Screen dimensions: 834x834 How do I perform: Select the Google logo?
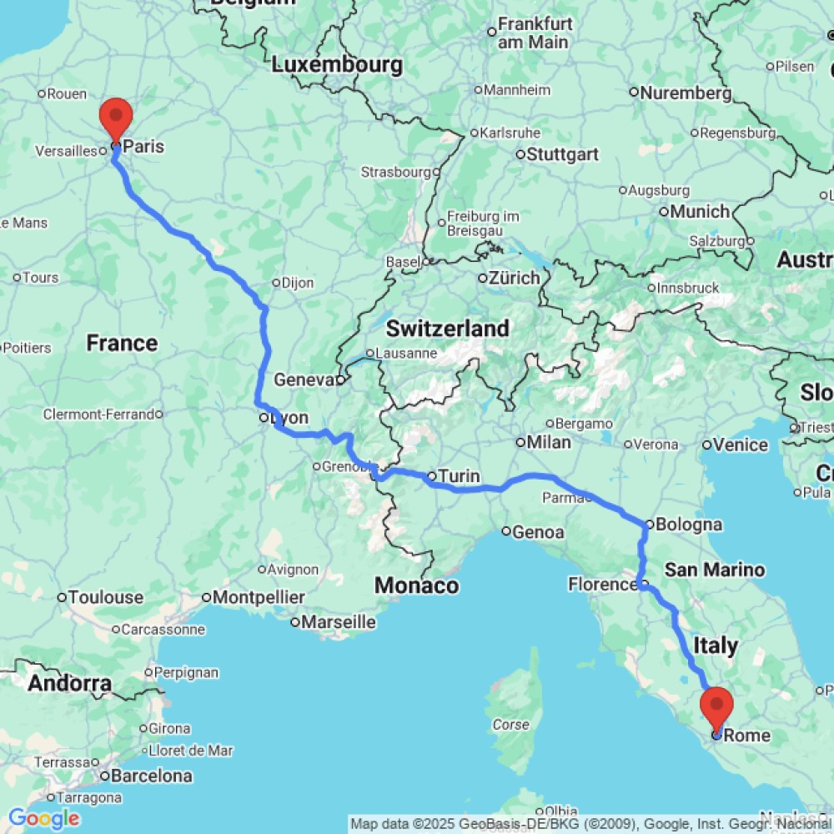point(43,819)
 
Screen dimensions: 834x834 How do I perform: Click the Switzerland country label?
point(447,329)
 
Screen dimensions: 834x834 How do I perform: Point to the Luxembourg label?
point(338,64)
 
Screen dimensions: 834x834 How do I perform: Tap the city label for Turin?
point(460,477)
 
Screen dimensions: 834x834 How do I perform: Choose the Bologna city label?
point(689,525)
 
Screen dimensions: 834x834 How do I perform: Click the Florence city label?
point(602,585)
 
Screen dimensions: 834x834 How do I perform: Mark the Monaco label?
point(417,585)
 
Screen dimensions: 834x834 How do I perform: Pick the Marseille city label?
point(338,621)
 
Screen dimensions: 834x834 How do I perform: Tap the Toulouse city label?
point(106,597)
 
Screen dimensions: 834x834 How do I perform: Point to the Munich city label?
point(700,212)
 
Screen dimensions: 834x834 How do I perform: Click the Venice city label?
point(741,445)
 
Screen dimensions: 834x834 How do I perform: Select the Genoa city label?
point(539,531)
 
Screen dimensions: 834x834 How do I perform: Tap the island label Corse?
point(510,725)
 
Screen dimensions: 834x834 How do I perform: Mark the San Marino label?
point(715,570)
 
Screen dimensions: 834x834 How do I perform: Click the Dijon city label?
point(297,283)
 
